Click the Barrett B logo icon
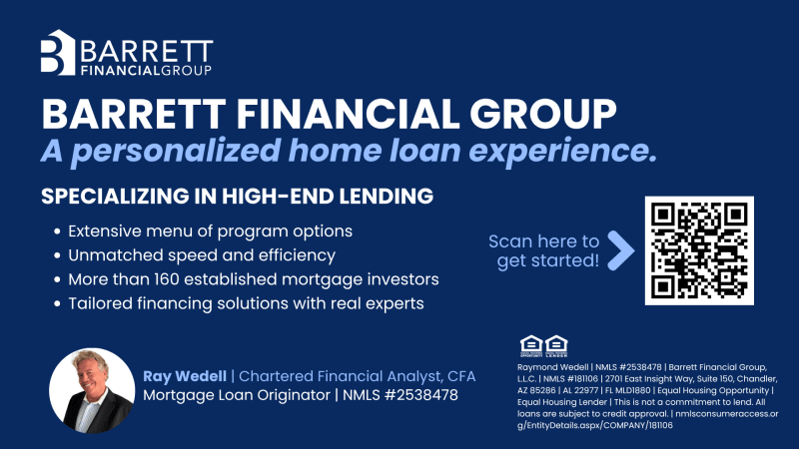click(x=58, y=53)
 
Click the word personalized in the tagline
click(x=176, y=152)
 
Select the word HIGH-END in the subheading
click(x=277, y=197)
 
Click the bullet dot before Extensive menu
click(x=57, y=231)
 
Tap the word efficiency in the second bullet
click(x=297, y=255)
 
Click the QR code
click(x=699, y=251)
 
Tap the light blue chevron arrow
click(x=621, y=250)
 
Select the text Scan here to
click(x=543, y=241)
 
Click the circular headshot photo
click(x=92, y=391)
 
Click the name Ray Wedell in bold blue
click(x=185, y=376)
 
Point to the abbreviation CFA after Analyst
click(x=461, y=376)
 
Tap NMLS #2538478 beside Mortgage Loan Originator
click(x=400, y=395)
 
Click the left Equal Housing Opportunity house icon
click(x=531, y=346)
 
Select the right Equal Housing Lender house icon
click(x=556, y=346)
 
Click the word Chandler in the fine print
click(x=759, y=379)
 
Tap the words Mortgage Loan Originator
click(x=237, y=395)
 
